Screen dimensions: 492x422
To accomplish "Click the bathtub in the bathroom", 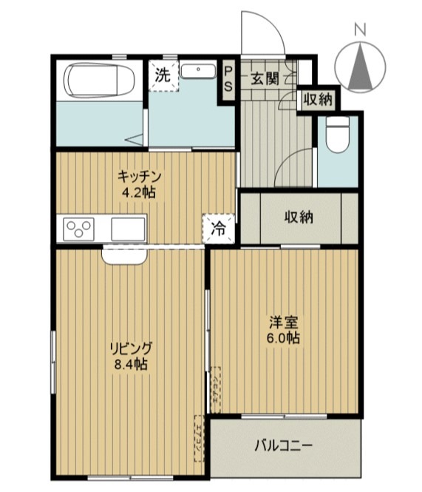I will coord(98,80).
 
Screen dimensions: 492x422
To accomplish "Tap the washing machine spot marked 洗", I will coord(163,74).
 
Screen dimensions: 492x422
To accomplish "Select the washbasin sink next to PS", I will coord(199,72).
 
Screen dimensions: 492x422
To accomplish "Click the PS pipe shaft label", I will coord(229,78).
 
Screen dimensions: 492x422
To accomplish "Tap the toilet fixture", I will coord(338,136).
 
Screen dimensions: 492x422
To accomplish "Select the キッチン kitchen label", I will coord(139,176).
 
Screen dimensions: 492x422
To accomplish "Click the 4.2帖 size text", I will coord(139,193).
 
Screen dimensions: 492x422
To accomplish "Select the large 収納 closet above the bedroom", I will coord(299,218).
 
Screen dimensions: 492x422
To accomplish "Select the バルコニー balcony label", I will coord(284,445).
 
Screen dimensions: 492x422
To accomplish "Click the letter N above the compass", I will coord(360,30).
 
